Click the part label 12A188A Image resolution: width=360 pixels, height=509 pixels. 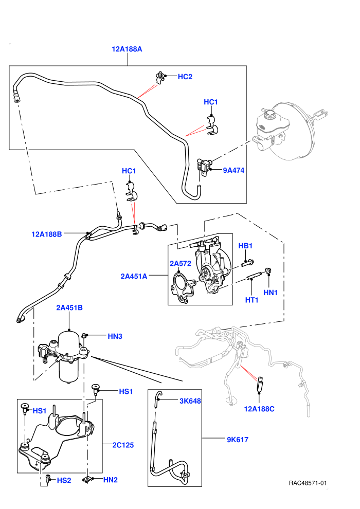pos(127,49)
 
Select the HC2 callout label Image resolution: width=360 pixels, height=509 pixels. pos(185,77)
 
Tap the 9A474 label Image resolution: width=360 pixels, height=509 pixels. pos(233,170)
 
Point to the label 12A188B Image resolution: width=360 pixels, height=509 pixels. pos(46,234)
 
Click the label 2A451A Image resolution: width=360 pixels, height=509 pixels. pos(134,276)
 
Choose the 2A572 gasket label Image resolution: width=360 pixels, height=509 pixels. pos(181,263)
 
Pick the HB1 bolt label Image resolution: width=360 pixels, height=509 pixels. pos(245,246)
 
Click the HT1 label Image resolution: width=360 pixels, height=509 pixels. pos(252,300)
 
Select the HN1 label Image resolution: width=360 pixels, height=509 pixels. pos(271,293)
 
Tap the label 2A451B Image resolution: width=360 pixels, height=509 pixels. pos(69,307)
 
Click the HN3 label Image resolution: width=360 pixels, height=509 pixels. pos(115,336)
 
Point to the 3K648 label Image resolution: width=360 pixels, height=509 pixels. pos(190,401)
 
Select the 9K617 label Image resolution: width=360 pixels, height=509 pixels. pos(238,440)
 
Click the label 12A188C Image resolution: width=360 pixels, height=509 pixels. pos(259,409)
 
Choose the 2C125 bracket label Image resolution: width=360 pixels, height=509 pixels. pos(123,445)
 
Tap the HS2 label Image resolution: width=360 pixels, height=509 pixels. pos(64,480)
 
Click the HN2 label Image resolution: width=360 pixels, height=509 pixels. pos(111,480)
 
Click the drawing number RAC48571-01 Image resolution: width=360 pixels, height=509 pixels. pos(308,483)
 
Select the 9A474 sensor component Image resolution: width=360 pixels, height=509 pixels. pos(204,166)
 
